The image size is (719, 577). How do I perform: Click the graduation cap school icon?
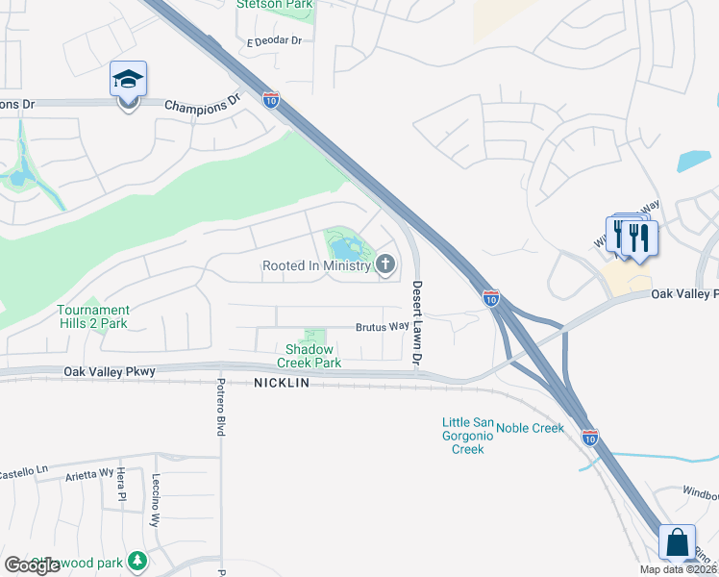click(x=128, y=80)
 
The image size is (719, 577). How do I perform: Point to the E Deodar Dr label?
click(x=274, y=41)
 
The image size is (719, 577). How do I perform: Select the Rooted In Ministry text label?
click(x=316, y=265)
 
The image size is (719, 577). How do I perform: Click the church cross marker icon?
click(x=385, y=264)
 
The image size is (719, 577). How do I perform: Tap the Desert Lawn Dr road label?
click(x=417, y=323)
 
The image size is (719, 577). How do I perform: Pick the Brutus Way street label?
click(x=383, y=327)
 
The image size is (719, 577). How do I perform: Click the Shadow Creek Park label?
click(x=310, y=356)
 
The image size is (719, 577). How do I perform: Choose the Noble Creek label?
click(x=530, y=428)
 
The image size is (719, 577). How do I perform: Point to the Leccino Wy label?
click(x=155, y=500)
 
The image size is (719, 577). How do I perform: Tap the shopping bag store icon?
click(x=678, y=542)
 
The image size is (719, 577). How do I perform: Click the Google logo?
click(x=33, y=565)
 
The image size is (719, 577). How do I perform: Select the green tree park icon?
click(x=138, y=559)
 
